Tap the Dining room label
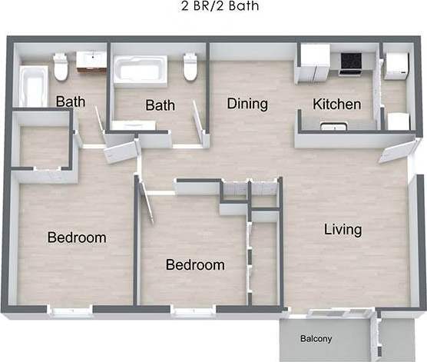click(247, 104)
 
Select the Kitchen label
click(336, 104)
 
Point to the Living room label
click(343, 229)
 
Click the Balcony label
click(316, 339)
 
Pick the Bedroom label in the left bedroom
click(77, 237)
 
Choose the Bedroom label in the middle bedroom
click(196, 265)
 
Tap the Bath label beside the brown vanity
click(71, 100)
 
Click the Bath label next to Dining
click(161, 105)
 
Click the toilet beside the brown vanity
click(61, 68)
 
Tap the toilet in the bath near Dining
click(190, 68)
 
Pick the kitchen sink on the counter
click(333, 125)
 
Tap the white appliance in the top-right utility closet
click(396, 65)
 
